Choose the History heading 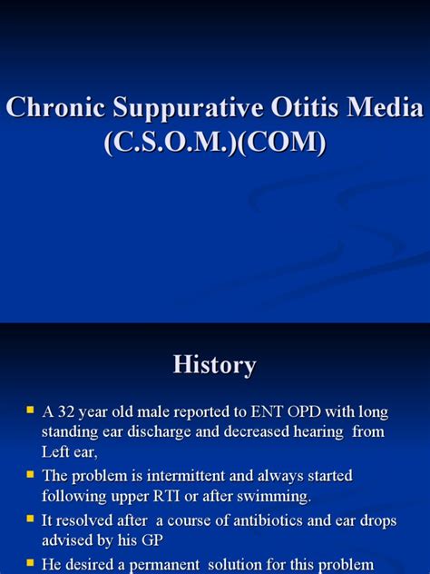[x=215, y=365]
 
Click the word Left [x=57, y=451]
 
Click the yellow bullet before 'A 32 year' [x=30, y=410]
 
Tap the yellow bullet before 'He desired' [x=30, y=562]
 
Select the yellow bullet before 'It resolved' [x=30, y=520]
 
